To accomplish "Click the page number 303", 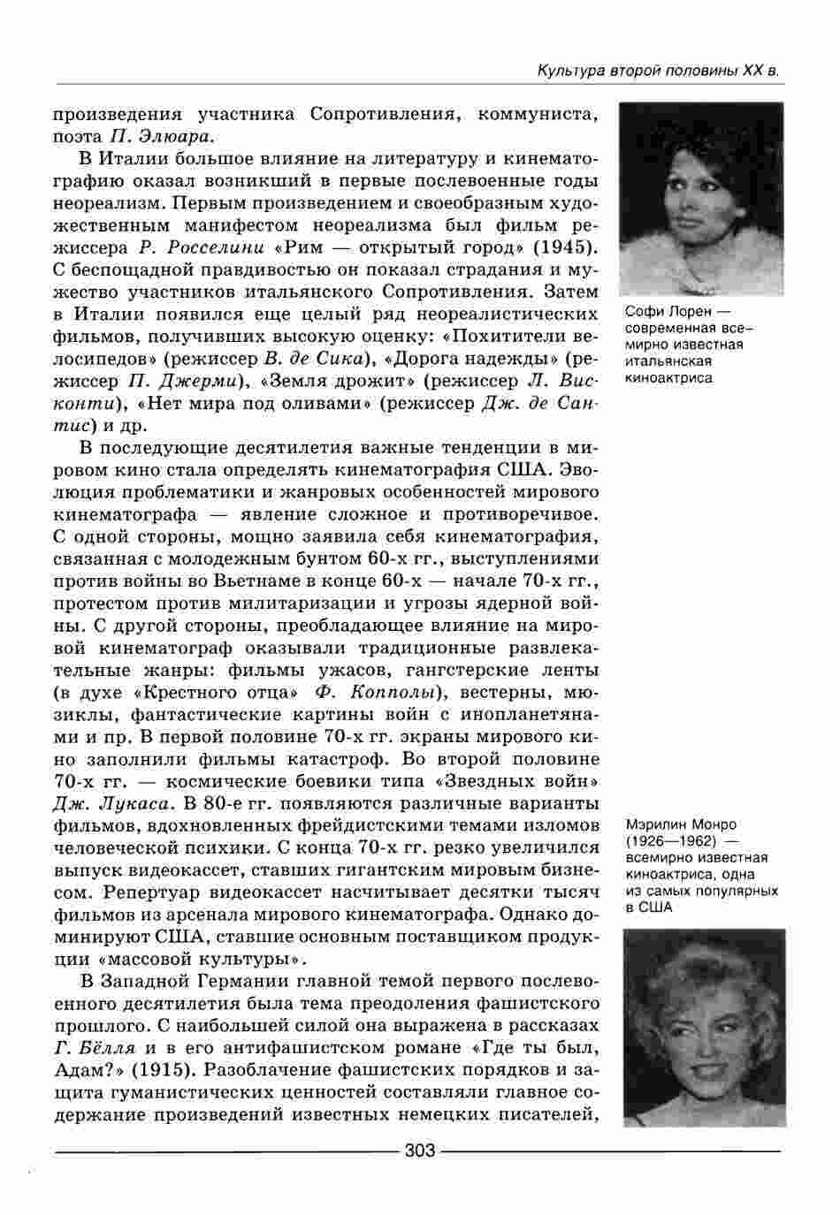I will click(419, 1150).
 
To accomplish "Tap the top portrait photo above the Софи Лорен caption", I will click(702, 199).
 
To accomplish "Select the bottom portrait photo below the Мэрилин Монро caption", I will click(704, 1027).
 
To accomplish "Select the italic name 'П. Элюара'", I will click(163, 136).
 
